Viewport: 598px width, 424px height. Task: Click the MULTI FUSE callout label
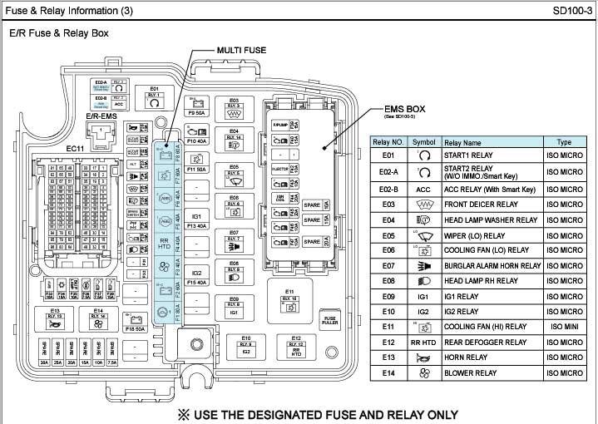point(241,50)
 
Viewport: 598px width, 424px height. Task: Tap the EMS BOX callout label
point(404,109)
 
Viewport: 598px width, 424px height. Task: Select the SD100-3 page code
point(571,11)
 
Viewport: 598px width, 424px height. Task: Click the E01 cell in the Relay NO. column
point(388,155)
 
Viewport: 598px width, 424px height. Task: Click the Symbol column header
point(423,143)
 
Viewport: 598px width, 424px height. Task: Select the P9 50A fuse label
point(197,112)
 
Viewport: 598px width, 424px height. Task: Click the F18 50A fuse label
point(135,329)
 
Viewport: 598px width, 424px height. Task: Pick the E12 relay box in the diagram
point(297,344)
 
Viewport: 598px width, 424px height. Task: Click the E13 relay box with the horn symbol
point(55,320)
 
